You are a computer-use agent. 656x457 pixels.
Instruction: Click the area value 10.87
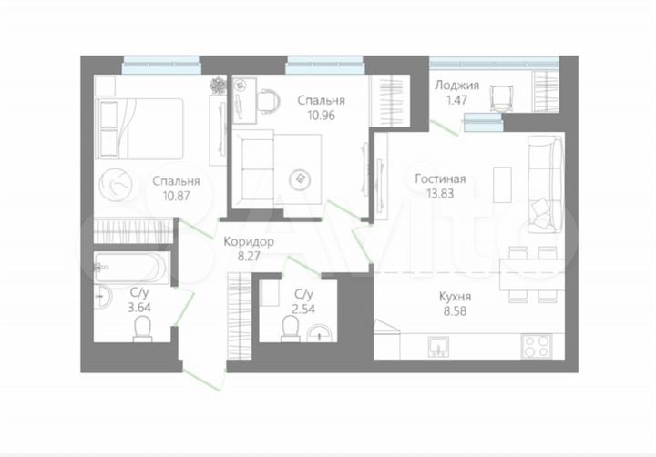coord(177,195)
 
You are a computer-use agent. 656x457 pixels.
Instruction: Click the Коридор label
coord(248,242)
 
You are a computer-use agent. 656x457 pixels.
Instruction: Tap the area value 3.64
coord(139,307)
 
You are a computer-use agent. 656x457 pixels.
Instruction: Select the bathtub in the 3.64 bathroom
coord(131,267)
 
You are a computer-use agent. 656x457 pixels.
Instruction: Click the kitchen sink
coord(439,346)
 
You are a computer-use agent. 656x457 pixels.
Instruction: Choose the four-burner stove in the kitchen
coord(535,346)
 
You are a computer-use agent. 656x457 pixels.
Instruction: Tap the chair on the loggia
coord(499,96)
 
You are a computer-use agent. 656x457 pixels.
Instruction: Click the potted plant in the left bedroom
coord(219,86)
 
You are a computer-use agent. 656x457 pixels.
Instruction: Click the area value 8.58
coord(452,310)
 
